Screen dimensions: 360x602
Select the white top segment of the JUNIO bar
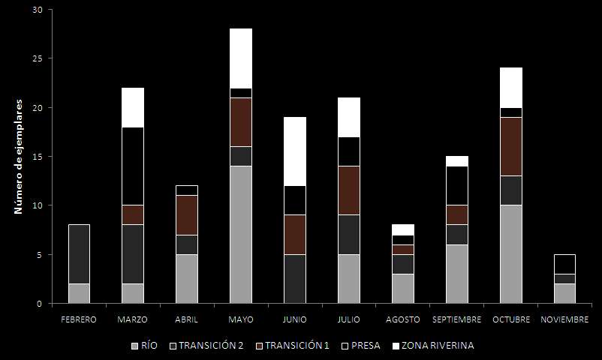[x=294, y=151]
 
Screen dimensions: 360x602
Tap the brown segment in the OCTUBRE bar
[x=510, y=146]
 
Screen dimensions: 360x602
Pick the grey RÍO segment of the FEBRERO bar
[x=79, y=293]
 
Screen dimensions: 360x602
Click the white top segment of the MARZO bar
[x=133, y=107]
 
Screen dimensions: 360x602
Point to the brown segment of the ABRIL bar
[x=186, y=215]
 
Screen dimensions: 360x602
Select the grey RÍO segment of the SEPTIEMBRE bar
[x=456, y=274]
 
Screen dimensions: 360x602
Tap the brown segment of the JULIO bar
[x=348, y=190]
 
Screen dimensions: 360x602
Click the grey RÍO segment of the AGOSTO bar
[x=402, y=289]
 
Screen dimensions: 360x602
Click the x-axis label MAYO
[x=240, y=320]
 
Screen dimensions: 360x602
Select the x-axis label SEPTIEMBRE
[x=456, y=320]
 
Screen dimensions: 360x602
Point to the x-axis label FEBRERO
[x=79, y=320]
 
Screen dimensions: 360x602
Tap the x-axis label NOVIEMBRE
[x=564, y=320]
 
